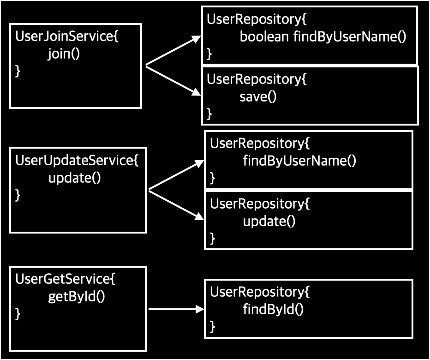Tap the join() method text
[x=64, y=54]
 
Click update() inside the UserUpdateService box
[x=74, y=178]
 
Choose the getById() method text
[x=77, y=296]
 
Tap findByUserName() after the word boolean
[x=350, y=37]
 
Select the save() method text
[x=258, y=96]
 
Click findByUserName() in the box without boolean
[x=300, y=161]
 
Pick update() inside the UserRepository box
[x=269, y=221]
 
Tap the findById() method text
[x=273, y=309]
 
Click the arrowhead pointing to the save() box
[x=197, y=93]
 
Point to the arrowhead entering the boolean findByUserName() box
[x=197, y=40]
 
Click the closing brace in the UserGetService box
[x=18, y=314]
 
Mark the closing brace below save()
[x=209, y=113]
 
